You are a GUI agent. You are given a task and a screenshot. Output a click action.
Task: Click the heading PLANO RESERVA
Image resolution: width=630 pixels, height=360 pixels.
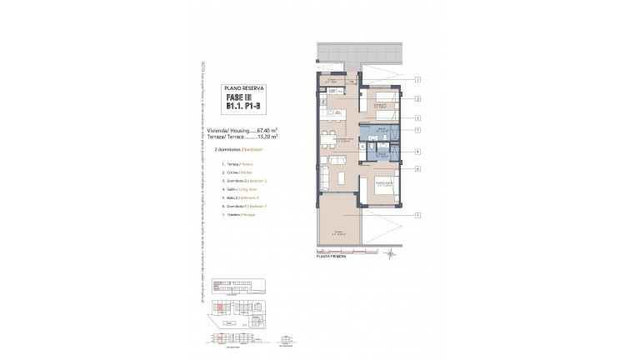tap(242, 87)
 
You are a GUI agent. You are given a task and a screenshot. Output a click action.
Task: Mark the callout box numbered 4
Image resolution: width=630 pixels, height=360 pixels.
tap(417, 152)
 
